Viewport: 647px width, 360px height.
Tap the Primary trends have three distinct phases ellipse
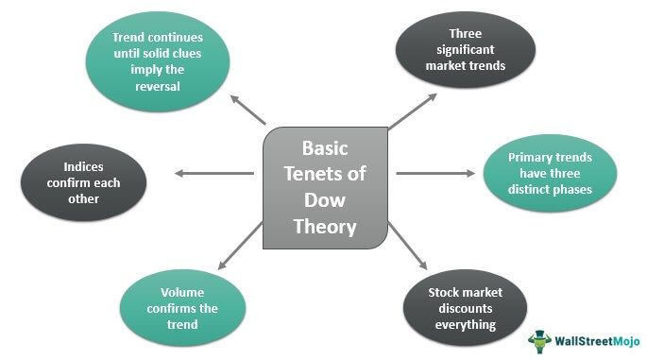549,173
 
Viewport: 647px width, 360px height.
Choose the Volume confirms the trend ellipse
183,308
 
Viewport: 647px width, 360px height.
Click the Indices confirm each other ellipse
85,174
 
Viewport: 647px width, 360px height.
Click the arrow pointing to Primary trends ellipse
434,173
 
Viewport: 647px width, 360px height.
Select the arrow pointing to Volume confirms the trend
240,247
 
